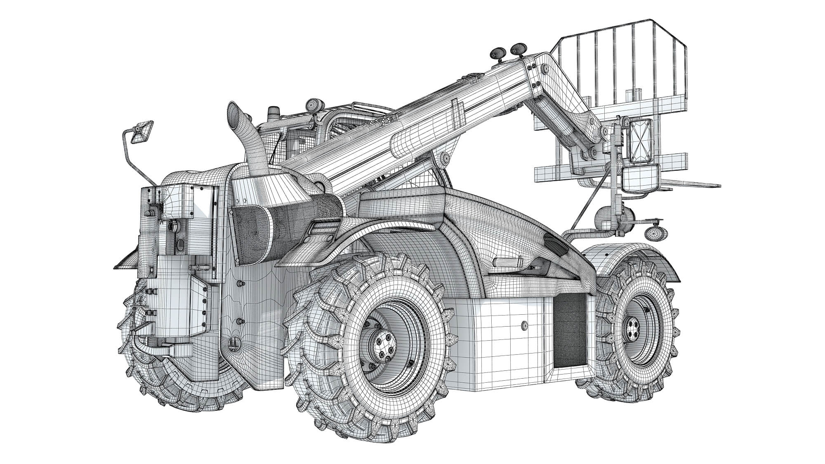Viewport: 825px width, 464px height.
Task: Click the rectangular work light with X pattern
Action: pyautogui.click(x=639, y=141)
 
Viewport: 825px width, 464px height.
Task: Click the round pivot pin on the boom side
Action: pyautogui.click(x=445, y=158)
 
